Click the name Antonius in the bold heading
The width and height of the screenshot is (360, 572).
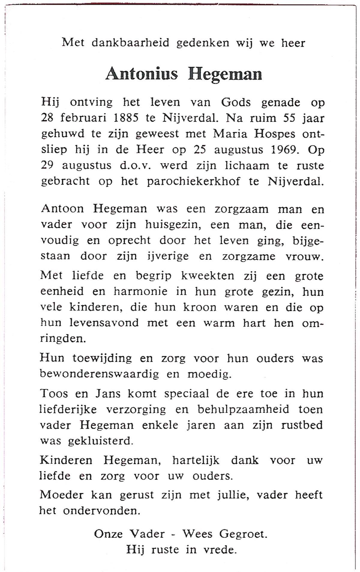click(x=142, y=74)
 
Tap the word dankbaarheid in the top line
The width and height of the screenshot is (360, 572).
click(x=130, y=43)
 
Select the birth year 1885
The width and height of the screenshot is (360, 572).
click(x=126, y=118)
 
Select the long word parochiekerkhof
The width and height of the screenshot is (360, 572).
click(x=193, y=181)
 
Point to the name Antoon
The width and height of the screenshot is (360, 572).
click(x=62, y=209)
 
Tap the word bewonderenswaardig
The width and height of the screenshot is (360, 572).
click(x=99, y=374)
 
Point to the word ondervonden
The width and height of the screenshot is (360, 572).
click(x=101, y=510)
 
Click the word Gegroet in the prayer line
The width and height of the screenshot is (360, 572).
click(x=243, y=534)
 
